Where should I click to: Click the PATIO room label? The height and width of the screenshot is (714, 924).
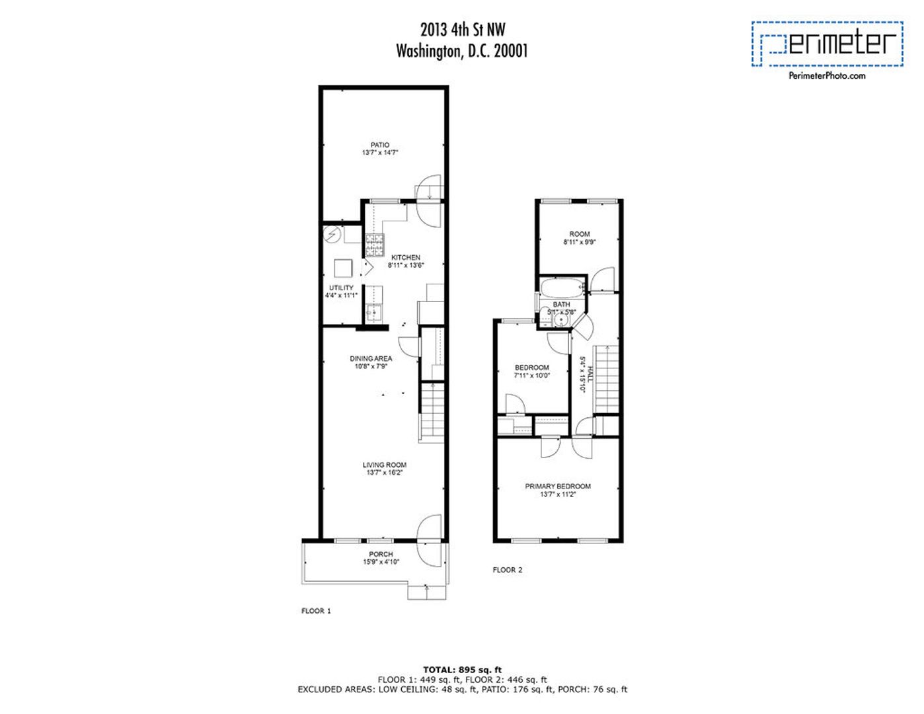(379, 145)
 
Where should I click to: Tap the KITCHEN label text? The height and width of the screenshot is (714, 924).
(405, 257)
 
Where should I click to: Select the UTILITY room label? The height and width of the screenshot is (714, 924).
(341, 288)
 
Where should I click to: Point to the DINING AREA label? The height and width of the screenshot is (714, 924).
(371, 358)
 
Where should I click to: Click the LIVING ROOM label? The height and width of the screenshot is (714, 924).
(384, 465)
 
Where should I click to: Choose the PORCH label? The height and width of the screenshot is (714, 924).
(381, 554)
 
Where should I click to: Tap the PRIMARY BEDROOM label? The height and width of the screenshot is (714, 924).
(558, 486)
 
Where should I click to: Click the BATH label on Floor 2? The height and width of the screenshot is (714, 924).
(561, 304)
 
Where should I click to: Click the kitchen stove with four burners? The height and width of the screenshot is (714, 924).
(375, 245)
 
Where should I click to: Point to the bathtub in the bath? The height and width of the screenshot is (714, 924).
(562, 288)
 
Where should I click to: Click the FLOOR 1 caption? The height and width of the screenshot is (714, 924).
(316, 611)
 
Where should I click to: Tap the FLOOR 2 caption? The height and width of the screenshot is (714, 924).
(508, 570)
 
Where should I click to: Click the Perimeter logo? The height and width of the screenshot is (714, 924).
(827, 44)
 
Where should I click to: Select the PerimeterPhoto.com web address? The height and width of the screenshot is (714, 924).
(827, 76)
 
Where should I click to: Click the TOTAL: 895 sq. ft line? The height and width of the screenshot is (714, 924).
(462, 670)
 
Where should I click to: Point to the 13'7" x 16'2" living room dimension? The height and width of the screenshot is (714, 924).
(384, 473)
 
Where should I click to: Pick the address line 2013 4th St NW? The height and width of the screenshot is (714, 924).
(463, 29)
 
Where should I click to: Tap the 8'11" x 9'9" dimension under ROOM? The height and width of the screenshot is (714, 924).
(580, 242)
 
